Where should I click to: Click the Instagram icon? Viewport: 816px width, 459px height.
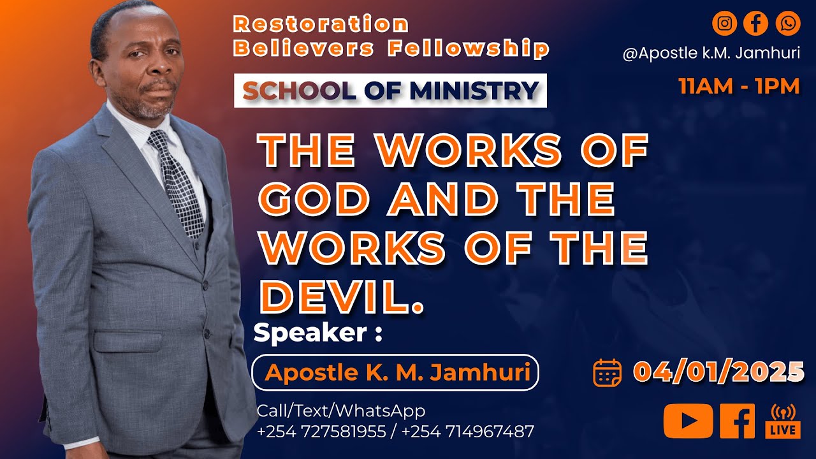tap(724, 24)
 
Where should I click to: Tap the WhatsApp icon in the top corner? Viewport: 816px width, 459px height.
tap(788, 24)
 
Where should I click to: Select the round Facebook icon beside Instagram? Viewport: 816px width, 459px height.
tap(756, 24)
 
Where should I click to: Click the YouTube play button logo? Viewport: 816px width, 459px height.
tap(688, 421)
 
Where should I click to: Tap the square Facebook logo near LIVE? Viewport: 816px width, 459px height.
tap(737, 421)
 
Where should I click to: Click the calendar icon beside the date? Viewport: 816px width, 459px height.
tap(607, 372)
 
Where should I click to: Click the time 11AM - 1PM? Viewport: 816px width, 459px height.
tap(739, 86)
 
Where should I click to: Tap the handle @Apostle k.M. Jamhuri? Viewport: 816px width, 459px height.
tap(711, 54)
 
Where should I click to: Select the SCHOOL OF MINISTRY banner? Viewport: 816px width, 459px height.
tap(390, 91)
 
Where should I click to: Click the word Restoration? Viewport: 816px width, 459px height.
tap(321, 24)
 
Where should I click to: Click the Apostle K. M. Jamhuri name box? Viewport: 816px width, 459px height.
tap(396, 372)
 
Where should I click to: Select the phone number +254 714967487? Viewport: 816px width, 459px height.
tap(468, 432)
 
